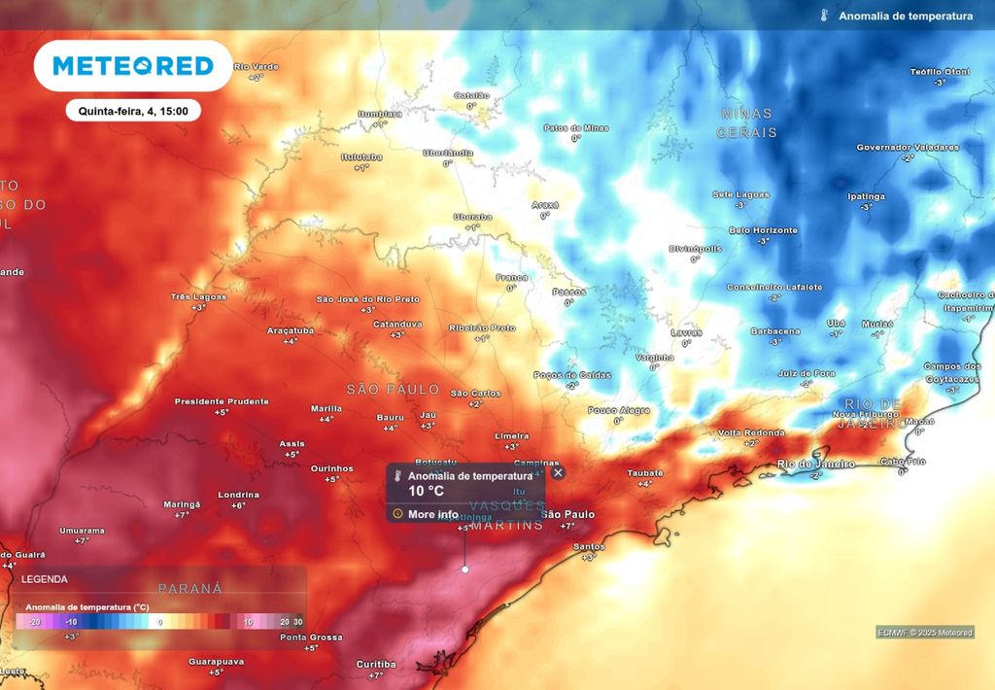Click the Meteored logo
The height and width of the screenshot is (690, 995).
click(x=133, y=66)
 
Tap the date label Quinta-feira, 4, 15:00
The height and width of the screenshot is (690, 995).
click(x=133, y=111)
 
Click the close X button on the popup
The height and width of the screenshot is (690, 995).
click(x=558, y=473)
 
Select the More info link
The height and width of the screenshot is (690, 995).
click(x=433, y=514)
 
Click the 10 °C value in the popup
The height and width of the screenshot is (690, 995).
click(x=426, y=492)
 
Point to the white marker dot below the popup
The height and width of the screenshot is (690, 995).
click(x=464, y=569)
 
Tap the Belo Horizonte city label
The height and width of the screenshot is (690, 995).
click(x=763, y=230)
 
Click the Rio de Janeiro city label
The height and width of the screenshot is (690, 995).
click(x=816, y=465)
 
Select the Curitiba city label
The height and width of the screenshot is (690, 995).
click(x=375, y=664)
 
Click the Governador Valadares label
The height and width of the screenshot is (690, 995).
click(x=907, y=148)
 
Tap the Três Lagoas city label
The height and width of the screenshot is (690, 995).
click(x=198, y=296)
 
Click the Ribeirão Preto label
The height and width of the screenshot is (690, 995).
click(x=482, y=328)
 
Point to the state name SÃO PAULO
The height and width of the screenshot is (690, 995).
click(x=393, y=389)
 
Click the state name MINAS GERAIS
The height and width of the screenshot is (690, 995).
click(x=747, y=122)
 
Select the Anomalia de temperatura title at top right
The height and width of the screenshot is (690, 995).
click(x=905, y=17)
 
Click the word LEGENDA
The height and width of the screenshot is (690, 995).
click(x=45, y=579)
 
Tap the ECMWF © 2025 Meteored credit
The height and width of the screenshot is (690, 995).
click(x=924, y=634)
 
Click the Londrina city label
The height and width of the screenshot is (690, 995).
click(x=238, y=495)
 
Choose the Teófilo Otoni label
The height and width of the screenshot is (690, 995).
click(x=939, y=72)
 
